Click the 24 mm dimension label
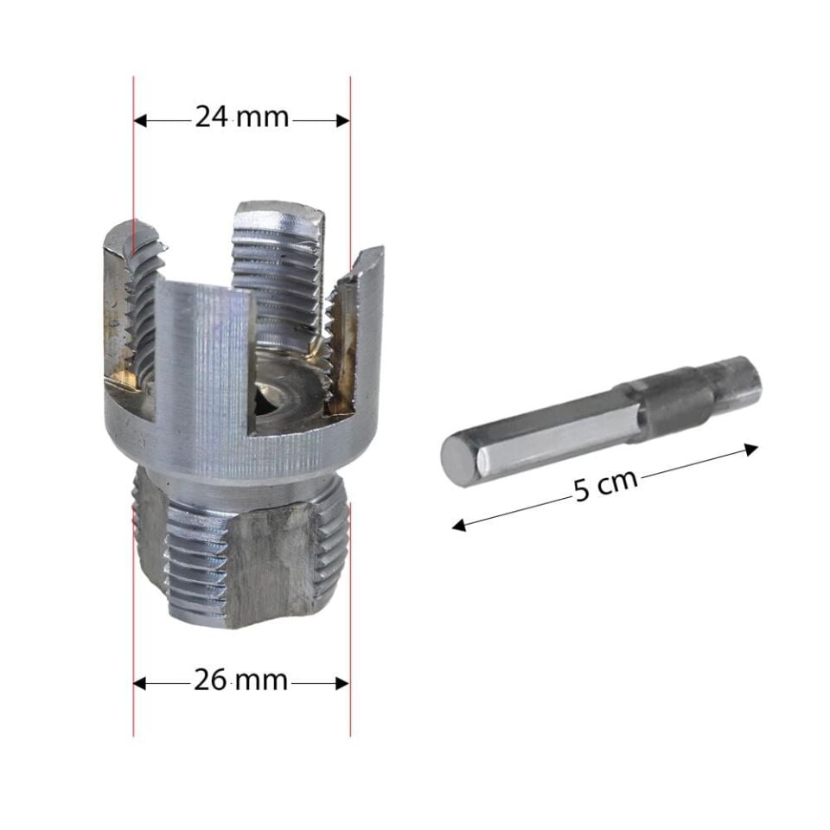click(241, 117)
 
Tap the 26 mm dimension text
click(240, 680)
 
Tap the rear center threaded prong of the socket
click(278, 259)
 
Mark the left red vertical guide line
click(134, 605)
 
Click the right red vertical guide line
click(350, 605)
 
